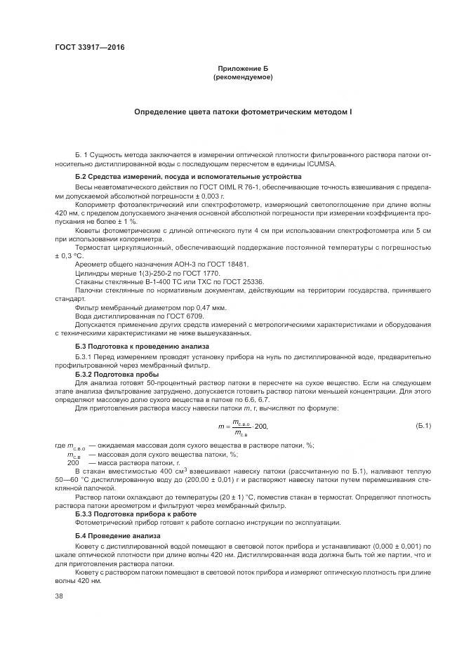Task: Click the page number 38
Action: click(59, 596)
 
